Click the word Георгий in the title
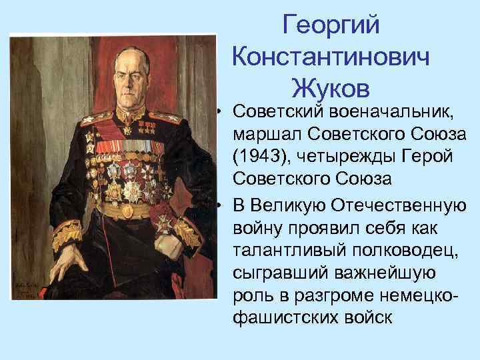click(331, 26)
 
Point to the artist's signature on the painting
click(29, 289)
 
